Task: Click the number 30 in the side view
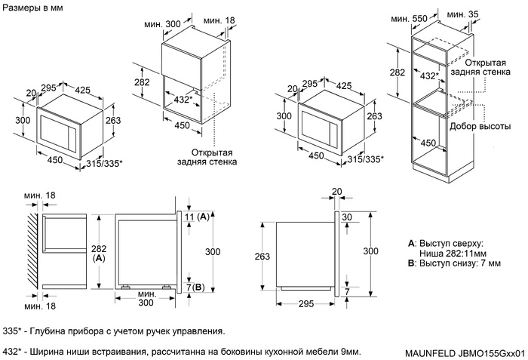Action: coord(347,217)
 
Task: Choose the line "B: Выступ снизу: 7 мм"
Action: coord(455,263)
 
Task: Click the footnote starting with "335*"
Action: coord(114,331)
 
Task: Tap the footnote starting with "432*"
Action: coord(181,352)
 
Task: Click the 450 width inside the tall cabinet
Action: coord(428,143)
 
